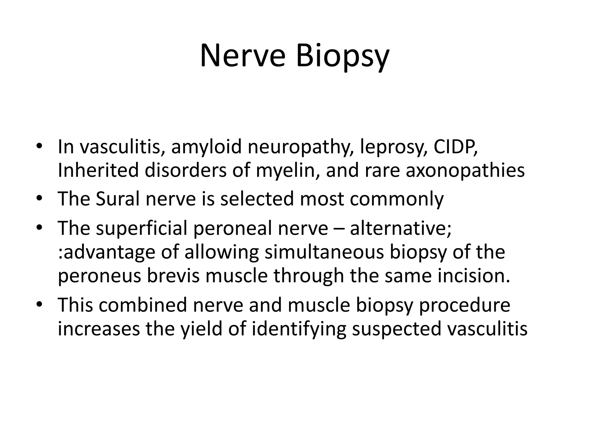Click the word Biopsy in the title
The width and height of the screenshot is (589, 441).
343,56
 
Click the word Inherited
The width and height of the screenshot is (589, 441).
98,170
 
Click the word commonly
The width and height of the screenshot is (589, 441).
397,199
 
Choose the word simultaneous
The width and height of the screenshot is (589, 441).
324,252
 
